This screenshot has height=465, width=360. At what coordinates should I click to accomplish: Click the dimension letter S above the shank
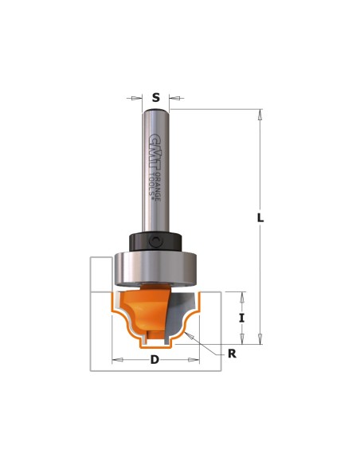click(x=155, y=98)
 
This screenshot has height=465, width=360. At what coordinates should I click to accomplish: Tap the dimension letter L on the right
click(x=260, y=218)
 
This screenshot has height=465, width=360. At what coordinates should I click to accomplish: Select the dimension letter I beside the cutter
click(x=242, y=318)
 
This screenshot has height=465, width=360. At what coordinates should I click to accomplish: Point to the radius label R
click(x=232, y=354)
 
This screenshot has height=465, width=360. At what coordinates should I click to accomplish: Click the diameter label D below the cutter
click(x=155, y=360)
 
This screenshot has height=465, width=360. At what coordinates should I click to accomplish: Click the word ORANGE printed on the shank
click(x=158, y=186)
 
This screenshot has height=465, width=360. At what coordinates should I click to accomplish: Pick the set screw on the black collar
click(x=155, y=240)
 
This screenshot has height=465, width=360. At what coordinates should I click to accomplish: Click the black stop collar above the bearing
click(x=155, y=242)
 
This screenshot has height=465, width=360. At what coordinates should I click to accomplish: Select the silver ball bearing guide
click(x=155, y=268)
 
